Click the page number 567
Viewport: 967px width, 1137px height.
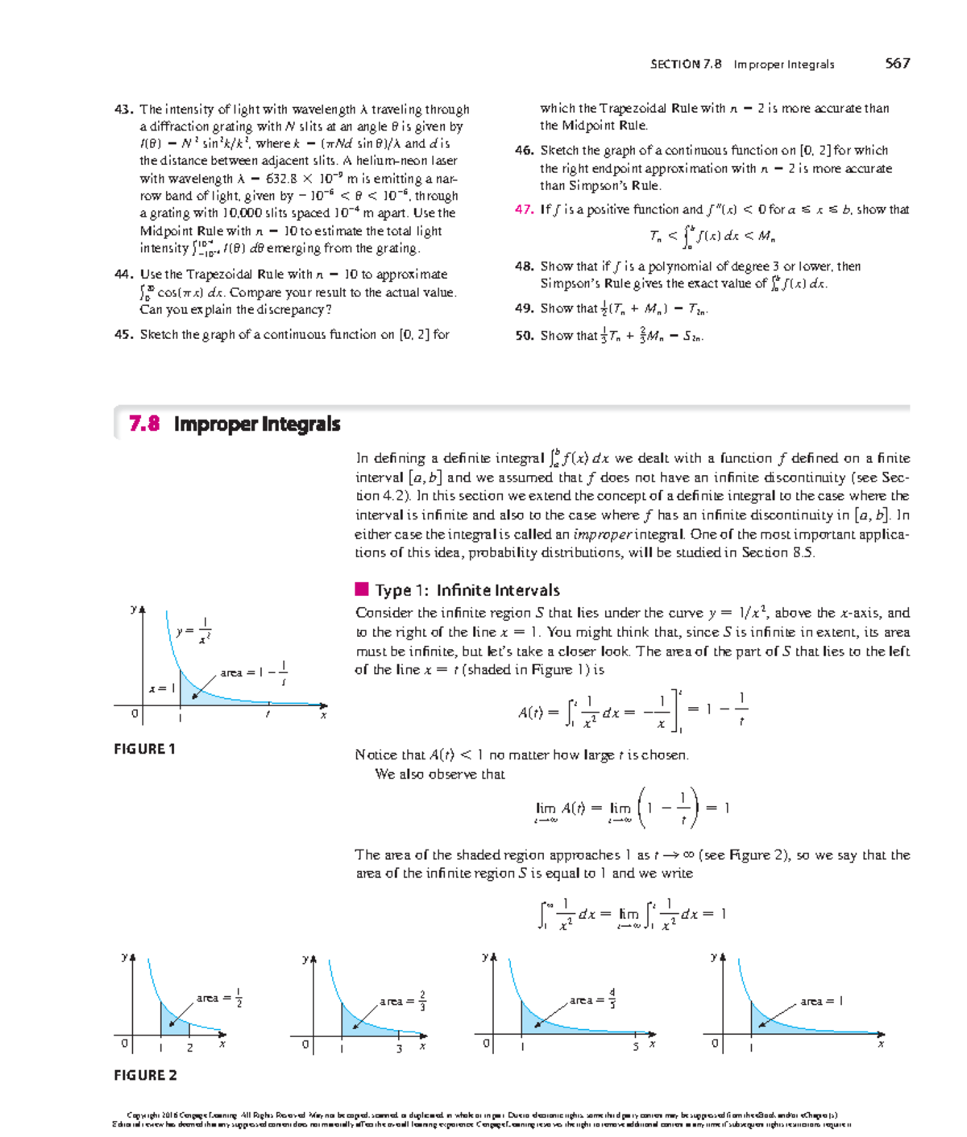click(897, 64)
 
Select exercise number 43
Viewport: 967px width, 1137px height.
click(123, 109)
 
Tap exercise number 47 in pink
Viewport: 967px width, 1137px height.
click(524, 209)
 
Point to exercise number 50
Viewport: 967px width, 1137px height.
click(524, 336)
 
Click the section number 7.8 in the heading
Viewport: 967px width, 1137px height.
click(144, 424)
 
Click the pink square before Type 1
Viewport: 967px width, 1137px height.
click(362, 589)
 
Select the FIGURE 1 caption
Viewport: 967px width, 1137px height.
click(144, 749)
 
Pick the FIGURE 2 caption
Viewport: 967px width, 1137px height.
click(145, 1075)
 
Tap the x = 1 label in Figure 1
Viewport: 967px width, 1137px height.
click(161, 688)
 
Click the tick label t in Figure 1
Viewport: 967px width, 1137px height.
click(268, 715)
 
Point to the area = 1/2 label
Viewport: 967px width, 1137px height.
click(219, 998)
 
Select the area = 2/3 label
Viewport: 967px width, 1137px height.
click(403, 1001)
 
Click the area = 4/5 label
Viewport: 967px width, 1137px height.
click(592, 1000)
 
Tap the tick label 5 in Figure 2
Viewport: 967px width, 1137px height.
click(635, 1047)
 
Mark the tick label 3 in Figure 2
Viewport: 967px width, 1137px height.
click(398, 1048)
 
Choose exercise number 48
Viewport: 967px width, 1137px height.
click(524, 267)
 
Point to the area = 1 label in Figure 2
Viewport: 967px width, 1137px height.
click(821, 1001)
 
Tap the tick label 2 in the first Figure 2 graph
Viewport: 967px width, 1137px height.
click(189, 1048)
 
